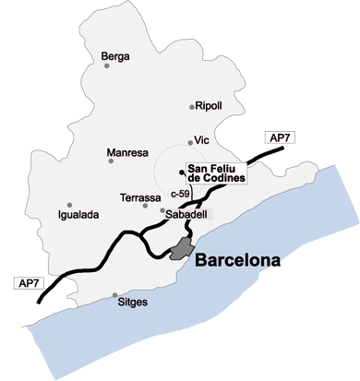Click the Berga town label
[115, 56]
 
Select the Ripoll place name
[210, 106]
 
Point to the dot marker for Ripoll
[192, 106]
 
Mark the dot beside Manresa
[112, 161]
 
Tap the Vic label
[204, 141]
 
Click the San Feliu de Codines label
[216, 173]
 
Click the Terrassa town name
[139, 197]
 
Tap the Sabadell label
[187, 214]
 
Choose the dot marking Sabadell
[162, 211]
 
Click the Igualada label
[78, 215]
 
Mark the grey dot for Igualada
[69, 205]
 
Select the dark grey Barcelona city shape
[180, 246]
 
